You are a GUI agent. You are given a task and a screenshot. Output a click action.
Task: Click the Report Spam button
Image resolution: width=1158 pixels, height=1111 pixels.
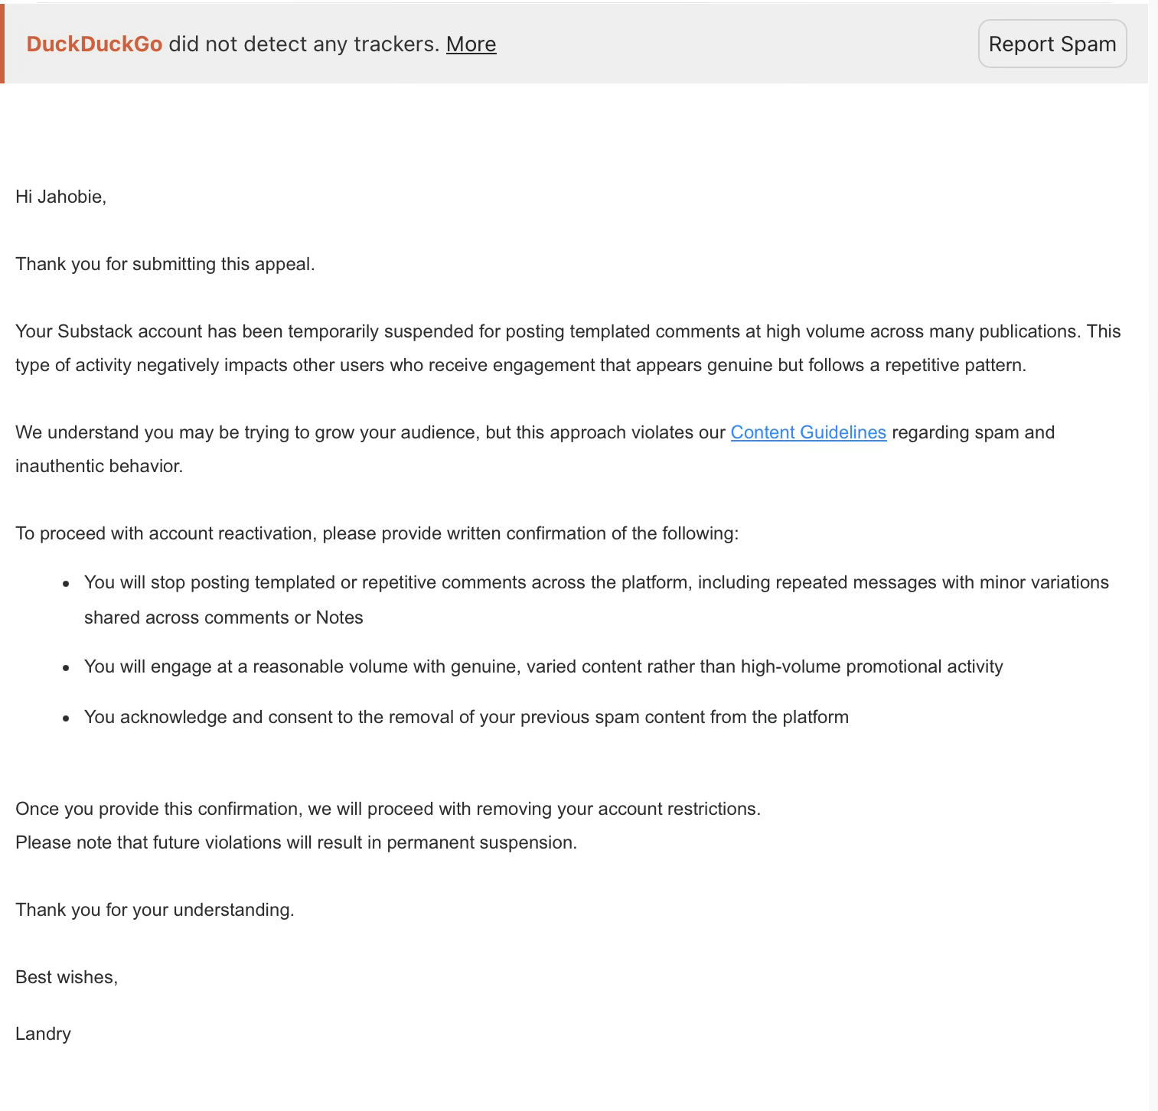1052,44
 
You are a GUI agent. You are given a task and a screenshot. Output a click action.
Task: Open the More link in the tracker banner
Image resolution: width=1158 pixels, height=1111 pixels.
471,44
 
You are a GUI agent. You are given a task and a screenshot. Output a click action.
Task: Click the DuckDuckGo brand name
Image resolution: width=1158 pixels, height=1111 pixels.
94,44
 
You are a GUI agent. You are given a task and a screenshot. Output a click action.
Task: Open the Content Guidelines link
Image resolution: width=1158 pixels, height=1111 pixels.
808,432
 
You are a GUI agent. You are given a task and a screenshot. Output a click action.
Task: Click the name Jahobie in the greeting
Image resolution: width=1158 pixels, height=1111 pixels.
70,197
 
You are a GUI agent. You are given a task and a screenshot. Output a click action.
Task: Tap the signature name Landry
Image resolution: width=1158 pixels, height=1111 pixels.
43,1034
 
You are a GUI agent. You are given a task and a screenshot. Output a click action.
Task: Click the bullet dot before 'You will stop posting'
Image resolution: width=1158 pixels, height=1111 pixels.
67,584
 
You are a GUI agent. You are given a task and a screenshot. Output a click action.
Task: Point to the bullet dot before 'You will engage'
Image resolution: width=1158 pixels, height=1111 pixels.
67,668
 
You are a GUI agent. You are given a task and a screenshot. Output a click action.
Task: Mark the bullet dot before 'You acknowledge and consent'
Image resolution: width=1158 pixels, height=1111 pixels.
67,718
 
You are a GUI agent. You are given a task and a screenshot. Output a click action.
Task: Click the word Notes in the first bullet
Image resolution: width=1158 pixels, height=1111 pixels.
339,617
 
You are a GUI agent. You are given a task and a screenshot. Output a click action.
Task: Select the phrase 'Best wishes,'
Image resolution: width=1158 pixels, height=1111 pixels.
67,977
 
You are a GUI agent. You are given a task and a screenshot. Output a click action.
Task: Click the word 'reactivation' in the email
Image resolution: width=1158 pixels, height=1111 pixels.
266,533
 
